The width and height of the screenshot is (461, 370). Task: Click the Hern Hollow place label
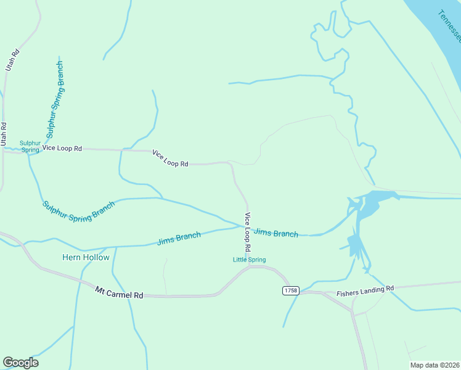coord(86,257)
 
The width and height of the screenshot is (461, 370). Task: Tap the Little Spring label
coord(249,260)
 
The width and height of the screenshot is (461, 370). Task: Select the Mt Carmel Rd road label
coord(119,292)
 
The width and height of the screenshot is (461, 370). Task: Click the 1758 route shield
coord(290,290)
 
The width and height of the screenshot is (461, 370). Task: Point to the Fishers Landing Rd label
coord(365,291)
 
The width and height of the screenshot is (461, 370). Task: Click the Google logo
coord(20,363)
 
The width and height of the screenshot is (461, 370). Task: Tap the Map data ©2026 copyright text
coord(434,365)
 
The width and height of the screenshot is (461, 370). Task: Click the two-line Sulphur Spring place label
coord(30,146)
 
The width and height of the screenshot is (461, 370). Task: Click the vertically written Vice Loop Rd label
coord(248,231)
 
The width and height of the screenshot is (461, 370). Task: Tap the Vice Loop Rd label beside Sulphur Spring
coord(66,149)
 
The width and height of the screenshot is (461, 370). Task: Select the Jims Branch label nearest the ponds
coord(276,232)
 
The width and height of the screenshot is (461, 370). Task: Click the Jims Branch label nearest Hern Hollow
coord(179,238)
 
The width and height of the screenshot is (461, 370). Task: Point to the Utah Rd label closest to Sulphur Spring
coord(4,134)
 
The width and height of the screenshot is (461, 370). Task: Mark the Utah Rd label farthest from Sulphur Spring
coord(12,61)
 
